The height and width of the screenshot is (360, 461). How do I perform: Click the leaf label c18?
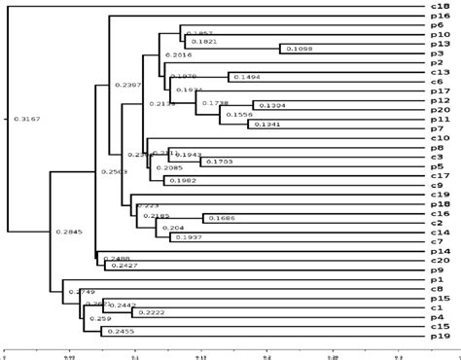pos(440,6)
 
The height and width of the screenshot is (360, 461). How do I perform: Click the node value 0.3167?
pos(26,120)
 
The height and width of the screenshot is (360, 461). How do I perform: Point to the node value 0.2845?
pos(69,232)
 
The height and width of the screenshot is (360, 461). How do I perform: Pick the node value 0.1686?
pos(219,218)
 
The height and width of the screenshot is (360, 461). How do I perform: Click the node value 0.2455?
pos(118,332)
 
